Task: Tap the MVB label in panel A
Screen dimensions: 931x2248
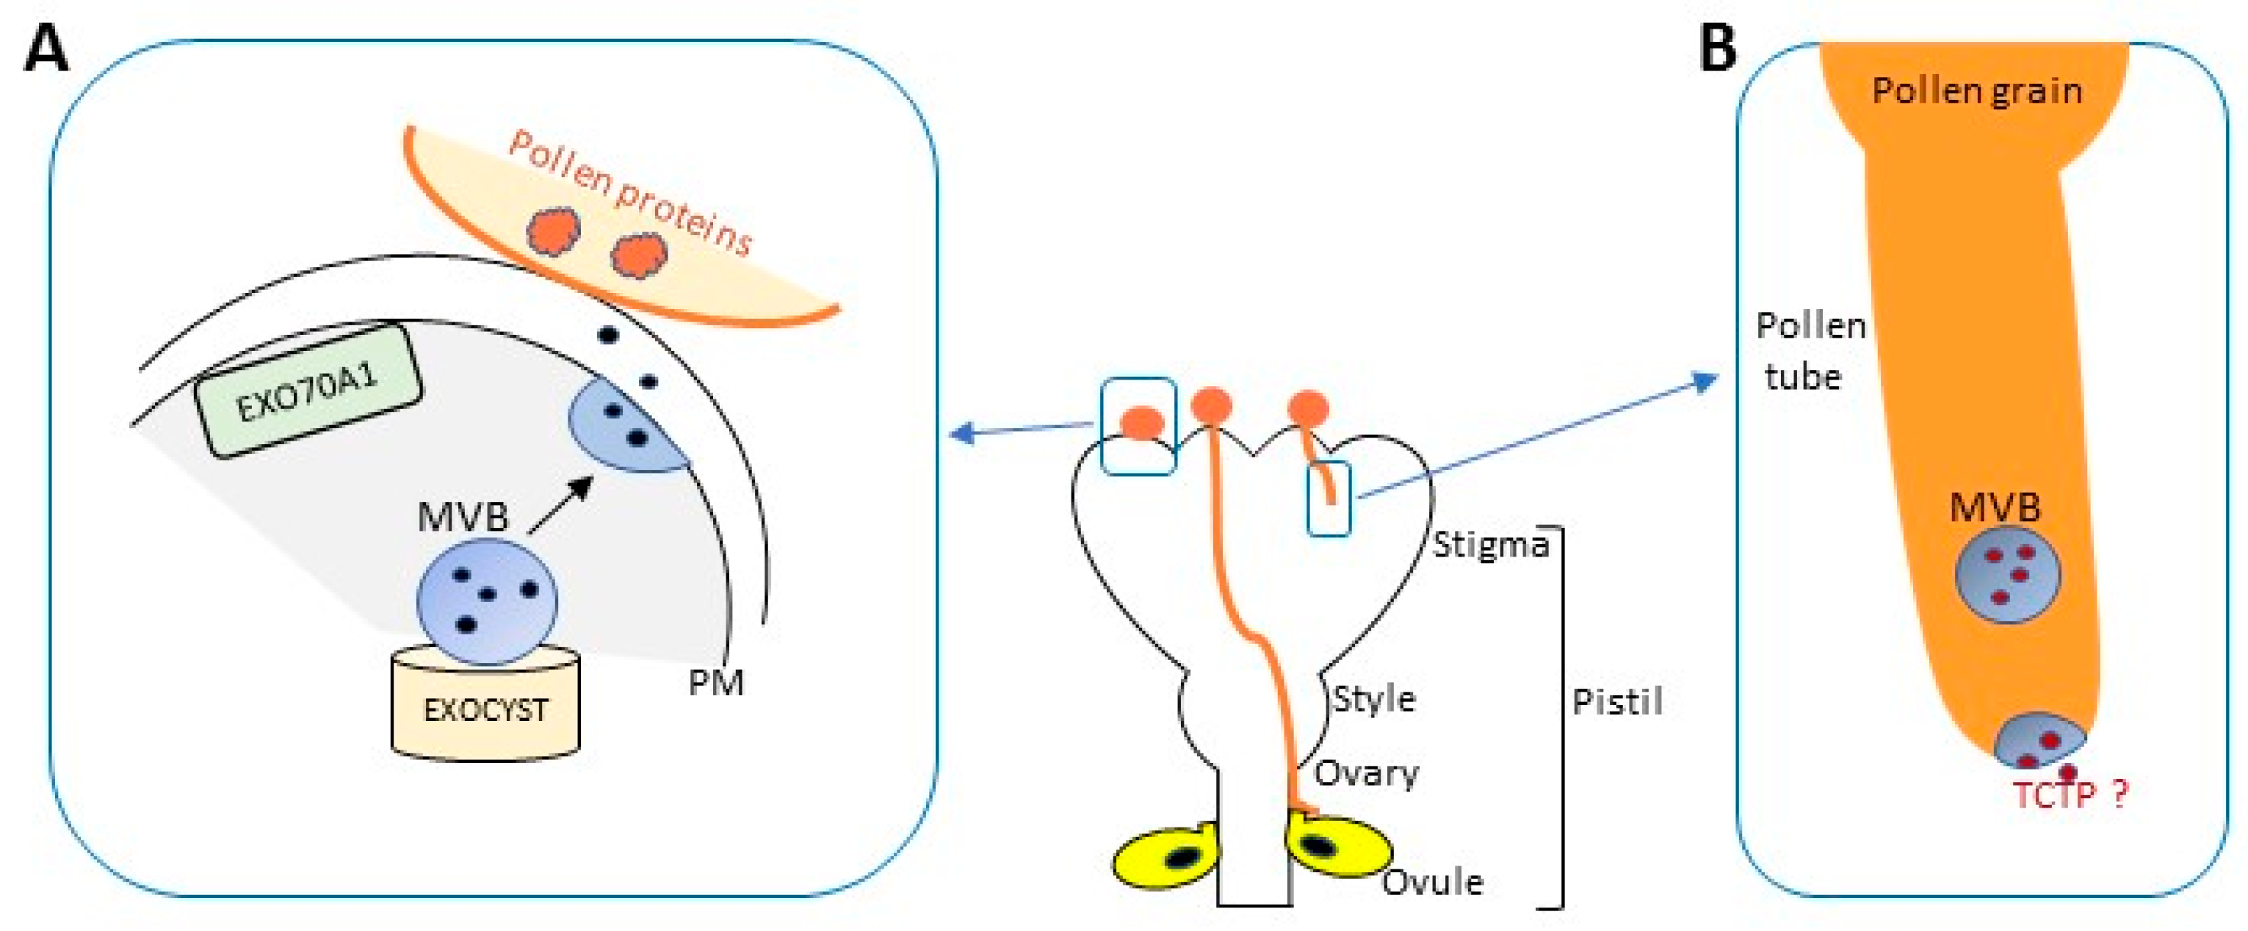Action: click(x=463, y=517)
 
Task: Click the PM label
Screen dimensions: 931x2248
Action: click(x=715, y=682)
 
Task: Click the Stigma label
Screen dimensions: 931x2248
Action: click(x=1491, y=545)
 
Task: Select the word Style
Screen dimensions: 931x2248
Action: click(x=1373, y=699)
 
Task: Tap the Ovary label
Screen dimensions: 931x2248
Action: click(x=1367, y=773)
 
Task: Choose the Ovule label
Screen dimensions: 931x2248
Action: click(x=1433, y=882)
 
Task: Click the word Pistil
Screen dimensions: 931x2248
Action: click(x=1617, y=701)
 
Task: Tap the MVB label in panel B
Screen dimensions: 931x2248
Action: click(x=1995, y=508)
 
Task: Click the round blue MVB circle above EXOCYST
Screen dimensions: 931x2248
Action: click(x=486, y=602)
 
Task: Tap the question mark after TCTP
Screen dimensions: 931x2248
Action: click(x=2121, y=793)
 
